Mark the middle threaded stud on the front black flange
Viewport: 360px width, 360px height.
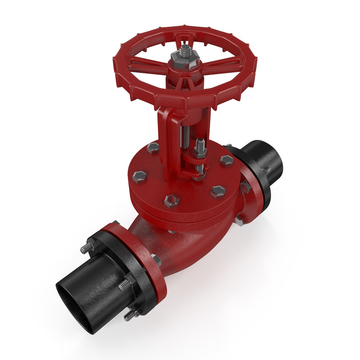click(124, 285)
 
